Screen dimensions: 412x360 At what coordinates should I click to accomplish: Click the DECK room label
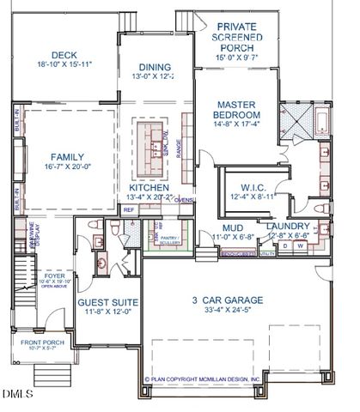click(64, 54)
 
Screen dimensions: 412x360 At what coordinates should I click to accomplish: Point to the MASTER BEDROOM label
click(238, 109)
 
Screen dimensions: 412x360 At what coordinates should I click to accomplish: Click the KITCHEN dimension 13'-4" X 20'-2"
click(150, 197)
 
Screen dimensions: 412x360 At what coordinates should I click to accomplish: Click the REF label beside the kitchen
click(129, 209)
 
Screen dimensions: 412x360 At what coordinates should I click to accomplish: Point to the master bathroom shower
click(300, 117)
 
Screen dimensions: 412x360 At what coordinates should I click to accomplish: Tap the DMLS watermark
click(16, 395)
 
